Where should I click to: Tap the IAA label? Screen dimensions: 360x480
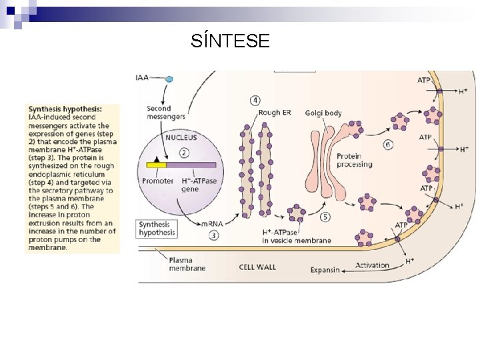[x=142, y=78]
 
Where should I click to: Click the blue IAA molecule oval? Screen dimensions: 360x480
[x=169, y=79]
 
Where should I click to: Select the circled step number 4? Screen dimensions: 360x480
[x=255, y=101]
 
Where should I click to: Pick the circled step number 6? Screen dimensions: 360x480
[x=388, y=145]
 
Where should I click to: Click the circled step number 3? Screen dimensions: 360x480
[x=214, y=235]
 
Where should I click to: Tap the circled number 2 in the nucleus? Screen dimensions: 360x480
[x=182, y=153]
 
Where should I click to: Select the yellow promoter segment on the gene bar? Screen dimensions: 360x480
[x=157, y=165]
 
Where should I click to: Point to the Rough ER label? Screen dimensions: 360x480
[x=275, y=113]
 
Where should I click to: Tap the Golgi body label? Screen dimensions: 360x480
[x=323, y=113]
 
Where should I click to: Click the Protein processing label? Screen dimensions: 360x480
[x=354, y=160]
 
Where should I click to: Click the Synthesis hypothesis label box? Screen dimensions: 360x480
[x=157, y=229]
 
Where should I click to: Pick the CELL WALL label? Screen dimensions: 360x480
[x=257, y=267]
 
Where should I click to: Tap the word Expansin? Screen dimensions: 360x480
[x=325, y=270]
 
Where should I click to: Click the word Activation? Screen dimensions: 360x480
[x=372, y=265]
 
